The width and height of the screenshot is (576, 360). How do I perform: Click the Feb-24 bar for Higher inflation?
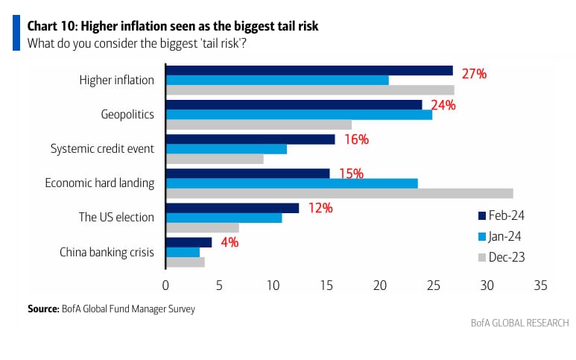(309, 70)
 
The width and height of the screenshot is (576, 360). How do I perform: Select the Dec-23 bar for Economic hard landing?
(339, 193)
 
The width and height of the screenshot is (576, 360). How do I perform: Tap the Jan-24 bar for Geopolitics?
(298, 115)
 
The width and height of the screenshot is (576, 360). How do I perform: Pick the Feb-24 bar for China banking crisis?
(189, 242)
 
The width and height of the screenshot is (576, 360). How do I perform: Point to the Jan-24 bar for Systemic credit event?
(226, 149)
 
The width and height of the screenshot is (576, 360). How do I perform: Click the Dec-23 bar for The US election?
(202, 227)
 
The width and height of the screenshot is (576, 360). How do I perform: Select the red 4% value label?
(230, 242)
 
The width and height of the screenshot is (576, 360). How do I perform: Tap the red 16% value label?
(355, 139)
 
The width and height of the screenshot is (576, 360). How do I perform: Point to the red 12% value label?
(320, 208)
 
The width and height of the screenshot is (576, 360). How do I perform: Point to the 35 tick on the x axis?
(540, 285)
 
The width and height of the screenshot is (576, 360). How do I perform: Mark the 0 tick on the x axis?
(165, 285)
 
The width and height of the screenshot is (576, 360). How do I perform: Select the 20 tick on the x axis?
(380, 285)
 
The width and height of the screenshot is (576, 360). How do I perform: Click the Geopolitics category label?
(127, 114)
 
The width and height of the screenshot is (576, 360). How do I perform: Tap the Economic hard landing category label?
(99, 183)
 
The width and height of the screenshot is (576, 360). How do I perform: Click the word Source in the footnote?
(42, 308)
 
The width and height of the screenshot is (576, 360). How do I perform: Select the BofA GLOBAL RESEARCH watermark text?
(519, 323)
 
